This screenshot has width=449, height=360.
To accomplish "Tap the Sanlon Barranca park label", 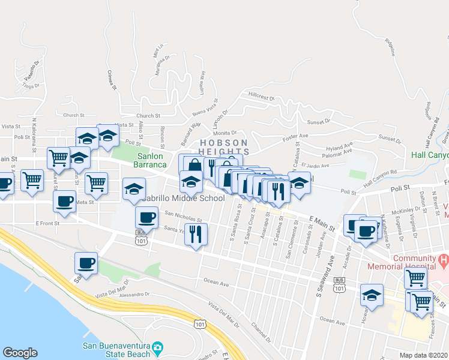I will [x=146, y=160].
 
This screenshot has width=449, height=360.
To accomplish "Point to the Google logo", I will [x=20, y=353].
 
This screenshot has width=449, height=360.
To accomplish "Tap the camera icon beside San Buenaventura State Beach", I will [x=157, y=347].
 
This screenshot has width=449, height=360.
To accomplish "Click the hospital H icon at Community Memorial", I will [x=444, y=260].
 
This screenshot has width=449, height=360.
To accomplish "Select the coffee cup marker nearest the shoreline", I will [x=86, y=263].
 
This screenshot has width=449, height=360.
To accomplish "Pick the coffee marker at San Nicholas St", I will [x=146, y=217].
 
